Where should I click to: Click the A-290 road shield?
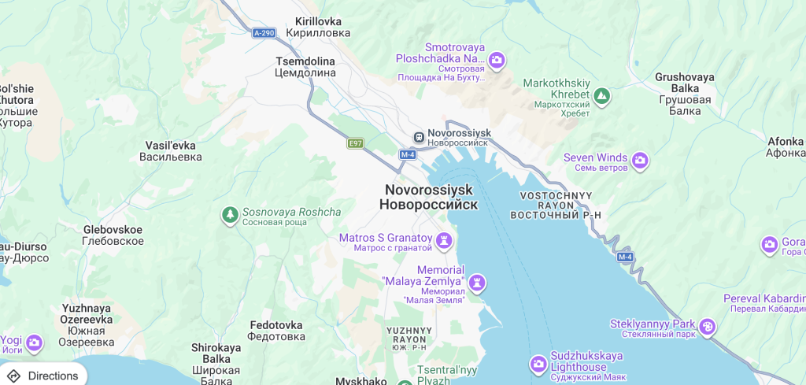tap(264, 33)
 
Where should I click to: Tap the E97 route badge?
tap(356, 143)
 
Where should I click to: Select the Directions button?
tap(43, 376)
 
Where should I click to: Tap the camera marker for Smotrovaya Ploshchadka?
tap(497, 59)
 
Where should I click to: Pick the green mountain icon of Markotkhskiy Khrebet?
tap(602, 96)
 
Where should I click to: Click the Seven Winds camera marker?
tap(640, 161)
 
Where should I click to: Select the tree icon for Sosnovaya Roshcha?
tap(230, 215)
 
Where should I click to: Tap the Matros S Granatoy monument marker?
tap(445, 239)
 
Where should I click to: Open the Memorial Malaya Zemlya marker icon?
tap(476, 283)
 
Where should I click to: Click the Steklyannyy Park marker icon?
tap(708, 326)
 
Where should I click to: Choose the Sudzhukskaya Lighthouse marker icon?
tap(538, 364)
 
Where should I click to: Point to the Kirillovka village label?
tap(317, 27)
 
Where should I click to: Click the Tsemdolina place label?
tap(305, 67)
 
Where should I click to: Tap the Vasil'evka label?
tap(171, 151)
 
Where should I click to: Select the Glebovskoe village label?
tap(113, 235)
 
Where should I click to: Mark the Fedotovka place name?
tap(276, 331)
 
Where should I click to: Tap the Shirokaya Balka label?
tap(216, 359)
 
